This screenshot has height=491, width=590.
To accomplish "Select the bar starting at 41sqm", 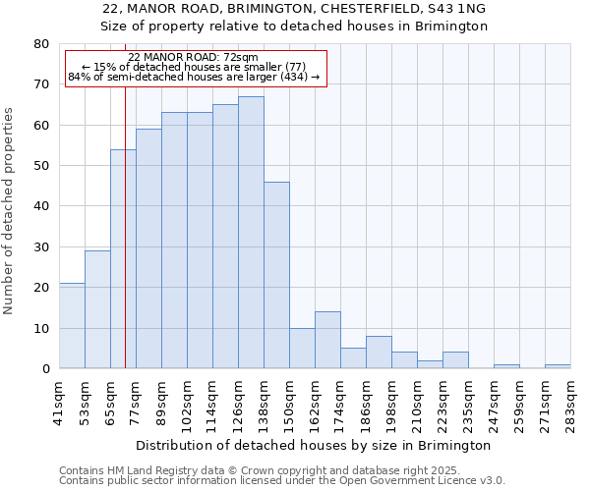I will pyautogui.click(x=72, y=326).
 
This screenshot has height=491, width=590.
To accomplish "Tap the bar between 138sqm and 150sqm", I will pyautogui.click(x=276, y=275).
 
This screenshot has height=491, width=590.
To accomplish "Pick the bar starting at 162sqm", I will pyautogui.click(x=327, y=340).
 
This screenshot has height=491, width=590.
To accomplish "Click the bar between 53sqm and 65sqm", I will pyautogui.click(x=97, y=309).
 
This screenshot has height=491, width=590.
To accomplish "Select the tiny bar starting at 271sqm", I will pyautogui.click(x=558, y=366).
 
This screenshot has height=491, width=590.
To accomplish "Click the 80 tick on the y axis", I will pyautogui.click(x=41, y=44).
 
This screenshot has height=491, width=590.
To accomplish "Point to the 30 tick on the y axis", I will pyautogui.click(x=41, y=246).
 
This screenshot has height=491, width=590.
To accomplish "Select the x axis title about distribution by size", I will pyautogui.click(x=315, y=445).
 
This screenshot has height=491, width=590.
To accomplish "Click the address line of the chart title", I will pyautogui.click(x=294, y=9).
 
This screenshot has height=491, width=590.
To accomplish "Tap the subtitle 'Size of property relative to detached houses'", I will pyautogui.click(x=294, y=27).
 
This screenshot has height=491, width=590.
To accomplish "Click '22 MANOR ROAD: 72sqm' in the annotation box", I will pyautogui.click(x=194, y=58).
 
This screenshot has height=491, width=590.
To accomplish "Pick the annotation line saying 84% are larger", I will pyautogui.click(x=194, y=77).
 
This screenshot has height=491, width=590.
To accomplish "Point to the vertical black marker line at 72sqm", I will pyautogui.click(x=125, y=245).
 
